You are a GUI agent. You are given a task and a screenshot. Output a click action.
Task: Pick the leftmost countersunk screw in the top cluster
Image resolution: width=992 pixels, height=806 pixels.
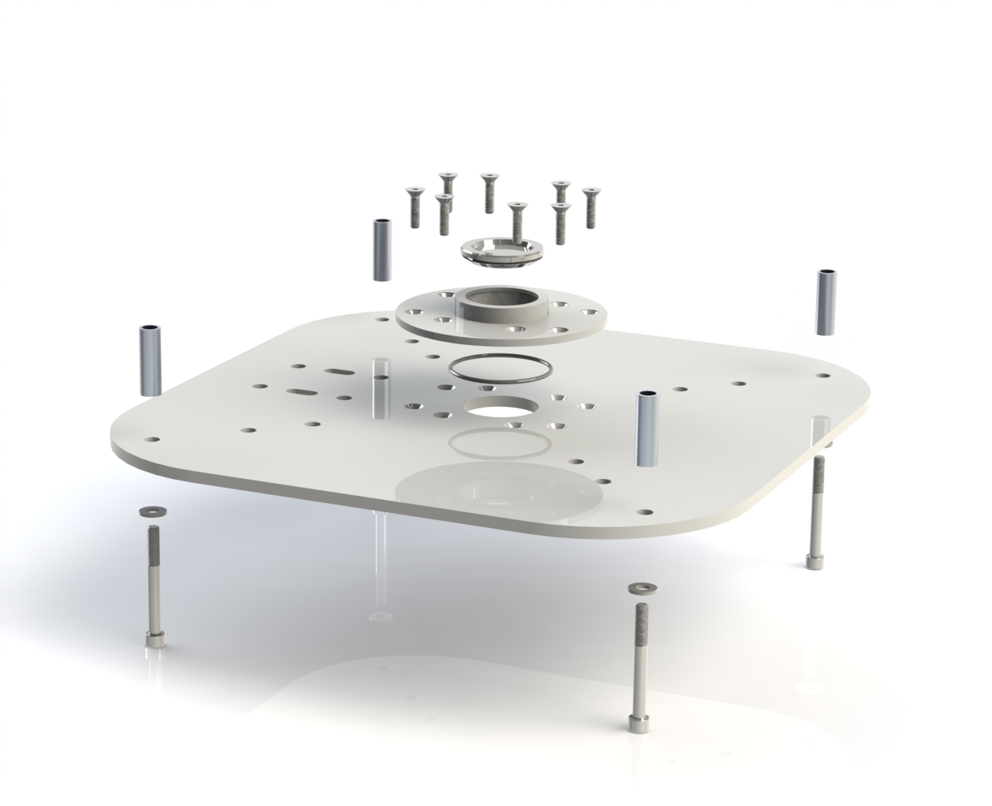(415, 208)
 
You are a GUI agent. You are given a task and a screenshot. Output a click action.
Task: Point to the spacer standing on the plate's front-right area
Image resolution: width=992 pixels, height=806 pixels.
(647, 428)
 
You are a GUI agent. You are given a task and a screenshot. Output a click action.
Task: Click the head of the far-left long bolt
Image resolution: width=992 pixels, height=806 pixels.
(153, 639)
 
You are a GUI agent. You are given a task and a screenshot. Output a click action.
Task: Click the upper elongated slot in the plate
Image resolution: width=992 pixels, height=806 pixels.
(340, 372)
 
